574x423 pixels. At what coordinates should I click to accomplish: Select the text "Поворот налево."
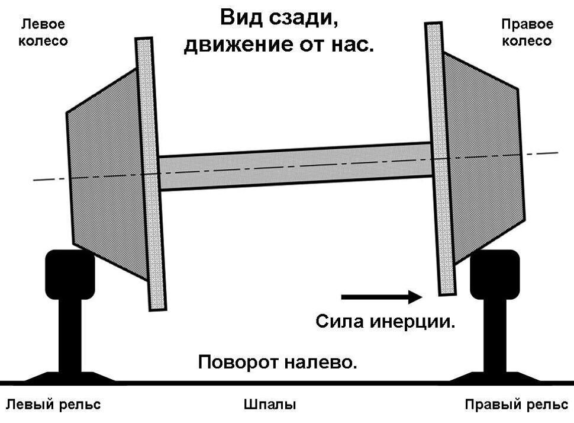[278, 361]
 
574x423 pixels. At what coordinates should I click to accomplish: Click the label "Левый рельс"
[53, 405]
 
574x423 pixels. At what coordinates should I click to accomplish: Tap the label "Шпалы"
[270, 405]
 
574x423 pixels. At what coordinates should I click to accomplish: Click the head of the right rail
[495, 272]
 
